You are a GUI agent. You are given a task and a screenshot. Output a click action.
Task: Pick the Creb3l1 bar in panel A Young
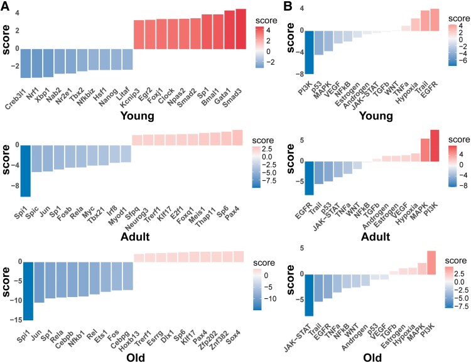pyautogui.click(x=27, y=63)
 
